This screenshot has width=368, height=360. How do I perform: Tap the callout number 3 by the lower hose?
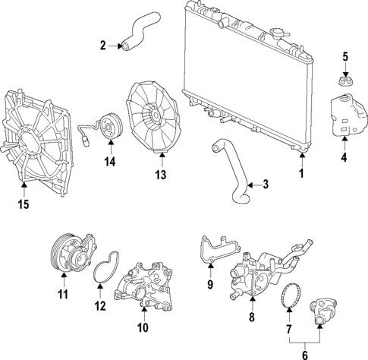click(265, 184)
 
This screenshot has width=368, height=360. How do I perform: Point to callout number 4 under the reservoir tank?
click(344, 158)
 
